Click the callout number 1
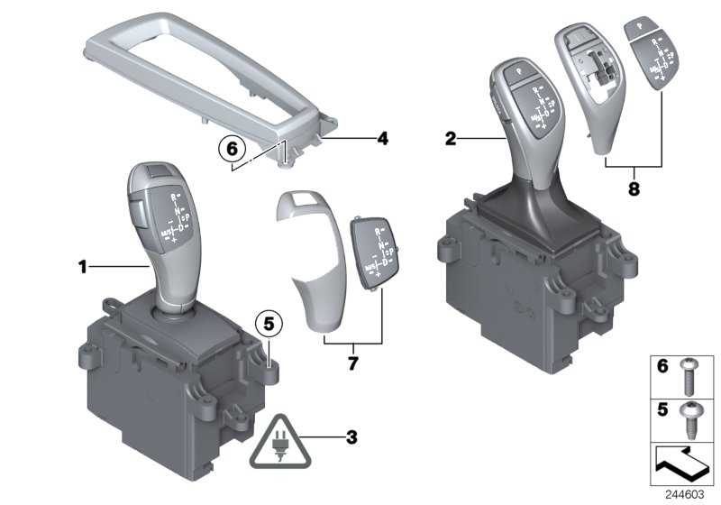tap(83, 266)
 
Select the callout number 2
tap(451, 138)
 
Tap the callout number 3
tap(351, 438)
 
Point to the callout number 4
tap(382, 139)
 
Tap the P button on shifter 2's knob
tap(520, 69)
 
